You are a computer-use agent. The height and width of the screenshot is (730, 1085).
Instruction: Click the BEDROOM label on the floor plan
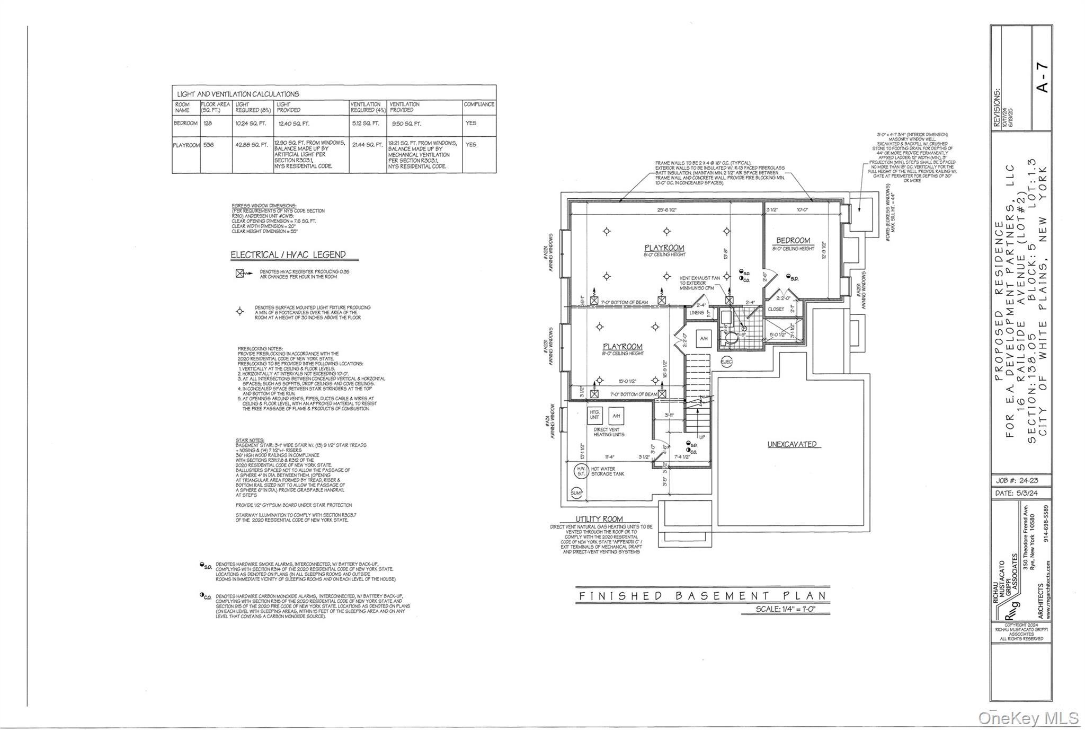(x=793, y=241)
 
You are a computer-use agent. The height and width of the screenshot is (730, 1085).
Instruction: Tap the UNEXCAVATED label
(x=792, y=444)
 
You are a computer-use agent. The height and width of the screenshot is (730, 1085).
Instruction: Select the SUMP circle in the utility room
(x=576, y=493)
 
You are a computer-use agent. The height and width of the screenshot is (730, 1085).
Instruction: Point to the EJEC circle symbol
(x=726, y=362)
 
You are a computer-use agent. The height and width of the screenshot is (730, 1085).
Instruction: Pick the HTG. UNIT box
(x=595, y=415)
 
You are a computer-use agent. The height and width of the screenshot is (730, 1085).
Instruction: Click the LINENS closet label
(x=697, y=313)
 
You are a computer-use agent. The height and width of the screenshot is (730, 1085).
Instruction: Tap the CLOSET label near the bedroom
(x=776, y=309)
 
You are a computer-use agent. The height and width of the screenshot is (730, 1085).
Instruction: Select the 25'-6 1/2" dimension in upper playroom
(x=666, y=210)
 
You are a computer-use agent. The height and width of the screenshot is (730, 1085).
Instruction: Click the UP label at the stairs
(x=702, y=437)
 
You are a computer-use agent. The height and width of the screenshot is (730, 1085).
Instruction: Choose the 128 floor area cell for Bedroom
(x=208, y=123)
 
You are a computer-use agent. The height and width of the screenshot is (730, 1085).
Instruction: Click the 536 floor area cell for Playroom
(x=208, y=144)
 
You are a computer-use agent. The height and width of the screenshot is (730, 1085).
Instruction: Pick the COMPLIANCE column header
(x=479, y=104)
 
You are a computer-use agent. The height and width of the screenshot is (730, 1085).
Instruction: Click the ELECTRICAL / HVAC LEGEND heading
(x=288, y=255)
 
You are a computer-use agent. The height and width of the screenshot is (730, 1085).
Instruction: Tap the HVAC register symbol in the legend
(x=240, y=274)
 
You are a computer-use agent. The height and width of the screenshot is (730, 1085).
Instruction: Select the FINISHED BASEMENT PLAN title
(x=702, y=596)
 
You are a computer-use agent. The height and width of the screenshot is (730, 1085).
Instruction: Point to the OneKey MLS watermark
(x=1028, y=718)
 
